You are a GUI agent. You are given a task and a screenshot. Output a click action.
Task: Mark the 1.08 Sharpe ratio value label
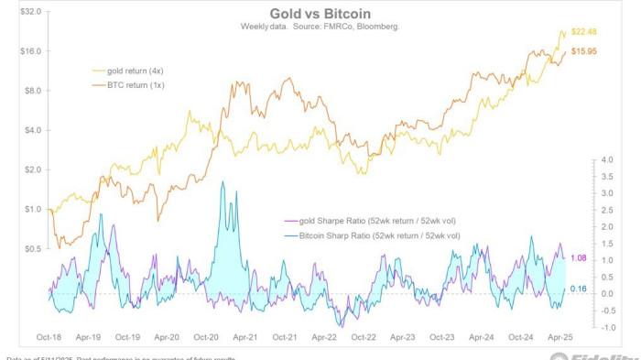coord(578,258)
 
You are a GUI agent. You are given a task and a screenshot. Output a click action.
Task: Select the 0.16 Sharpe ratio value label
coord(578,289)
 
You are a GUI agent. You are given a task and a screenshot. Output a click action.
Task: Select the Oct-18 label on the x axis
coord(49,338)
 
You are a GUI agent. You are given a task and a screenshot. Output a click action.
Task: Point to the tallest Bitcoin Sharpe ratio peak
coord(224,181)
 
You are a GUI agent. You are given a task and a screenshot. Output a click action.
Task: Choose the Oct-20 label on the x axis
coord(205,338)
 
